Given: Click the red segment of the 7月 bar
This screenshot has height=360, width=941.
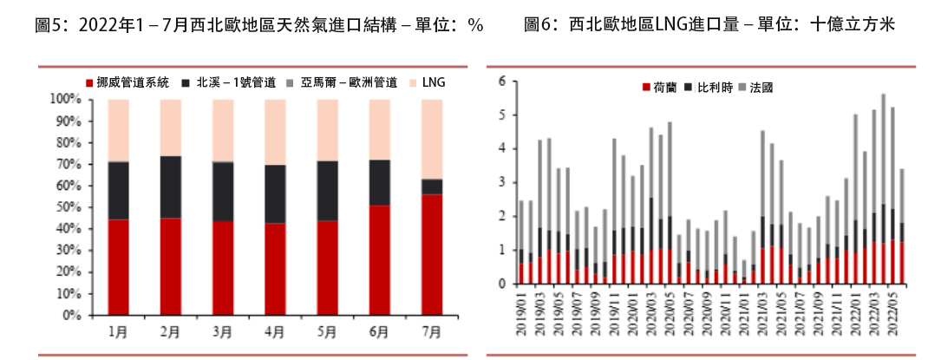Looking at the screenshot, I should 431,255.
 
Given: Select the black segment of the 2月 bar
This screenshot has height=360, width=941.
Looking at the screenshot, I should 171,187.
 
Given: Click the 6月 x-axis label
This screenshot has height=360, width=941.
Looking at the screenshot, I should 379,331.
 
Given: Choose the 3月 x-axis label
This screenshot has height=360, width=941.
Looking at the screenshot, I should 223,331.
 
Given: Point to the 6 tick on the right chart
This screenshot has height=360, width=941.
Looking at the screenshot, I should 501,82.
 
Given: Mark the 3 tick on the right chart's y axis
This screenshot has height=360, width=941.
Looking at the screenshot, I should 501,182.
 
